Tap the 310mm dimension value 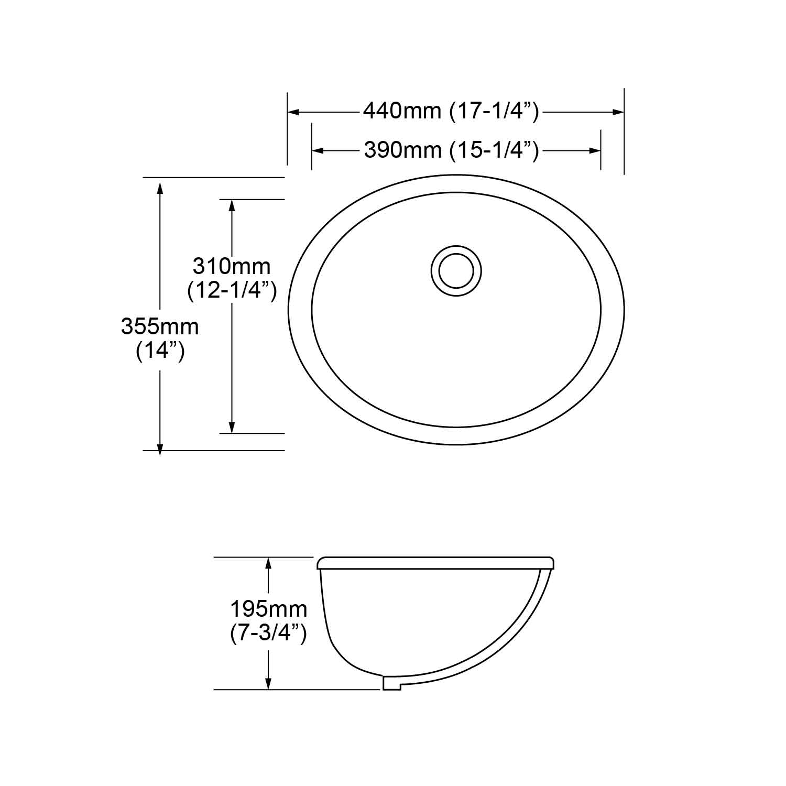(x=232, y=266)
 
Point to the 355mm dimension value (x=160, y=326)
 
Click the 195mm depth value (x=268, y=609)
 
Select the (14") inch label (x=160, y=351)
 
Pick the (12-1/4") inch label (x=232, y=290)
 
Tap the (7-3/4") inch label (x=268, y=634)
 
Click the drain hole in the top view (x=456, y=271)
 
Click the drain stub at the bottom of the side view (x=392, y=683)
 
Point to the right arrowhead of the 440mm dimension (x=619, y=112)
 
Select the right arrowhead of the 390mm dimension (x=595, y=150)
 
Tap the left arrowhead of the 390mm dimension (x=318, y=150)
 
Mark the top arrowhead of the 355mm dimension (x=160, y=184)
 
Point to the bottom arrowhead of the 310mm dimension (x=232, y=428)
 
